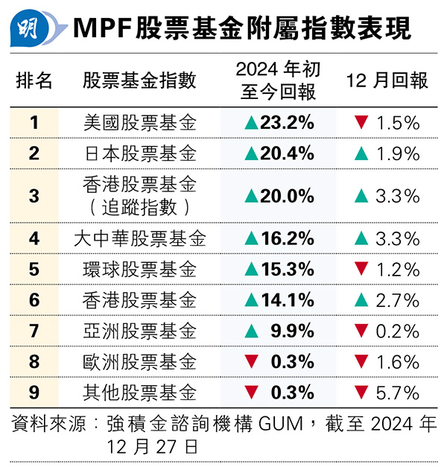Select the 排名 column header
(34, 80)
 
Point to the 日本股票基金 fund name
(140, 154)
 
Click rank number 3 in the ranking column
(34, 196)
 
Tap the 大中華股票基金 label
(140, 238)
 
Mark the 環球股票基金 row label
(140, 269)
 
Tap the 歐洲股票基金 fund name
(140, 362)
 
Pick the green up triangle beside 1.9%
(361, 154)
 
